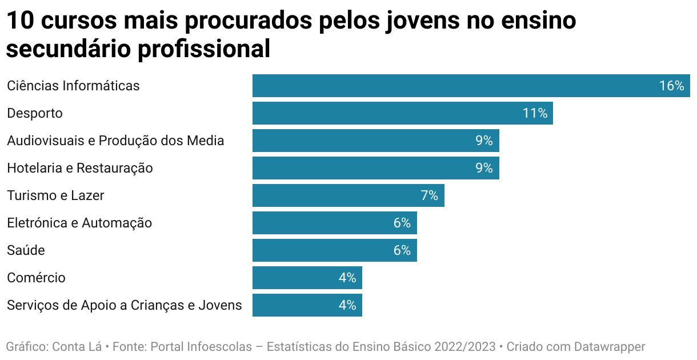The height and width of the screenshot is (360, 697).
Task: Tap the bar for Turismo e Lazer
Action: [337, 195]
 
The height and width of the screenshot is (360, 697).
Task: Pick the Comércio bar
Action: [297, 278]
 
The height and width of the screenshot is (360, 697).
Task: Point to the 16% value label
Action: [671, 86]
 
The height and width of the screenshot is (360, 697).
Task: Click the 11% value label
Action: [535, 113]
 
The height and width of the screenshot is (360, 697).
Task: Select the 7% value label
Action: [429, 195]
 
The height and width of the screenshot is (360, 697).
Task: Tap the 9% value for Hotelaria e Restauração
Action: [484, 168]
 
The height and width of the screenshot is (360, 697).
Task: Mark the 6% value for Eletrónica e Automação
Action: [402, 223]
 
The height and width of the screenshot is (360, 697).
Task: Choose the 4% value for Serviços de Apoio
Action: [347, 305]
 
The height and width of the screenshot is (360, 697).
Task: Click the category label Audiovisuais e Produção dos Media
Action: [115, 141]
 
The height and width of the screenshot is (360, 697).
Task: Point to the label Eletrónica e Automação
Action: [79, 223]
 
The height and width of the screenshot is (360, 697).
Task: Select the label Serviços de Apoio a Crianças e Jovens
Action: [124, 305]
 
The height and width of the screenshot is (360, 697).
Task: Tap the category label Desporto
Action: [35, 113]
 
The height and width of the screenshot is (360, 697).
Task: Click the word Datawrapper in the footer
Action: [610, 346]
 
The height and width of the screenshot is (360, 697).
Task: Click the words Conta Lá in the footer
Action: [77, 346]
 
